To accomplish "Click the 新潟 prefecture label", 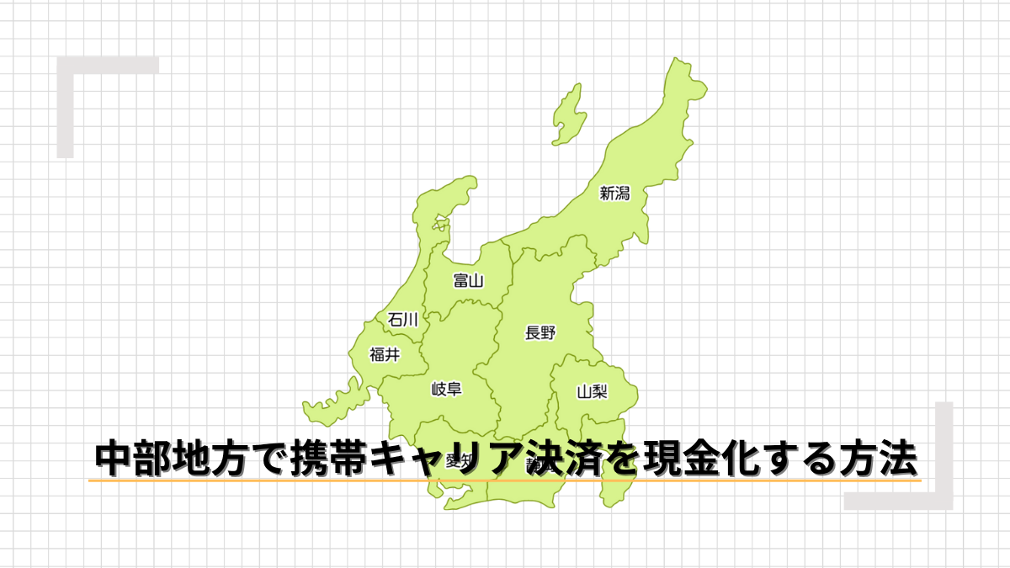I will pyautogui.click(x=614, y=194).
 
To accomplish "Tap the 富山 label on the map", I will pyautogui.click(x=467, y=280).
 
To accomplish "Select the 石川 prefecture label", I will pyautogui.click(x=402, y=319).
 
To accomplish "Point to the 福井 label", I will pyautogui.click(x=385, y=355).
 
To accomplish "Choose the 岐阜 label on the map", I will pyautogui.click(x=446, y=389).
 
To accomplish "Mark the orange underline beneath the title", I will pyautogui.click(x=505, y=480).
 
